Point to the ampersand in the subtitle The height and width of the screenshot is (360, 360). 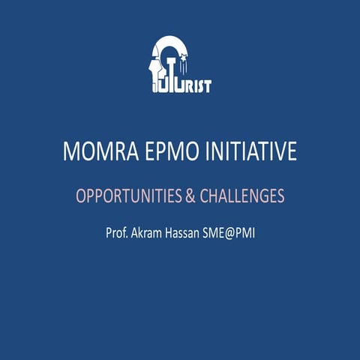point(190,196)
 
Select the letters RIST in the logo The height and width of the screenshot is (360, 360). point(199,86)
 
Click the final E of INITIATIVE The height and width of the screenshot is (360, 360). point(292,152)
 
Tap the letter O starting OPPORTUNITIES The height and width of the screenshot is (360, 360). point(82,196)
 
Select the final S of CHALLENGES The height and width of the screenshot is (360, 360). point(280,196)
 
